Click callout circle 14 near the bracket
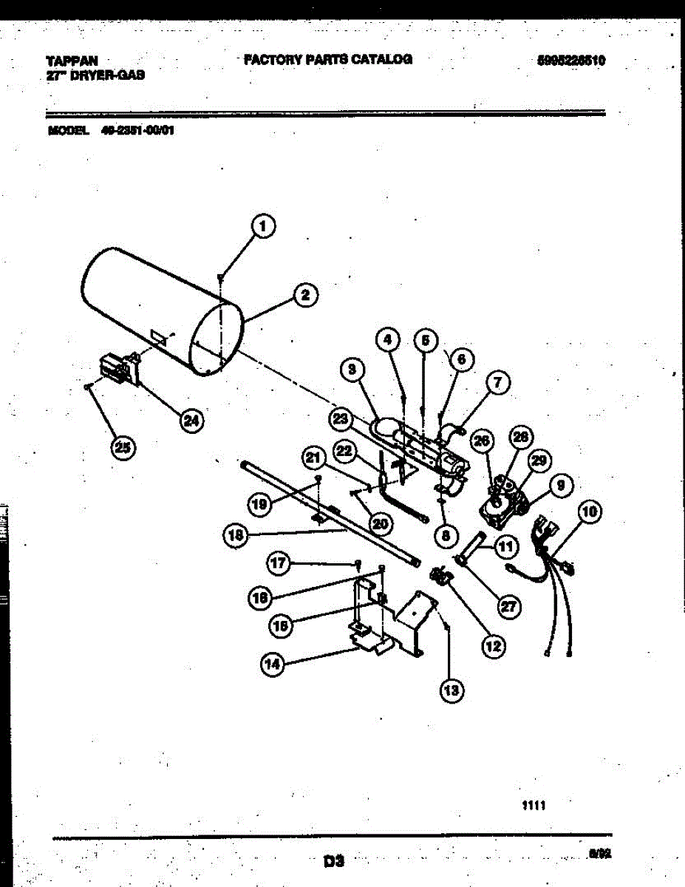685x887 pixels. tap(273, 665)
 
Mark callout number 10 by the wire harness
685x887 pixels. tap(590, 512)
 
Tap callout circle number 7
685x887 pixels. tap(497, 382)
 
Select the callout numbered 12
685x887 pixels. tap(493, 645)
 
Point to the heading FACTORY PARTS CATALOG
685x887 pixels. tap(328, 59)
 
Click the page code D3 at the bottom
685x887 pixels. tap(334, 860)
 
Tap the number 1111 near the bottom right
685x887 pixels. tap(534, 806)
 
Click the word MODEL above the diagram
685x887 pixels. tap(67, 132)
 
